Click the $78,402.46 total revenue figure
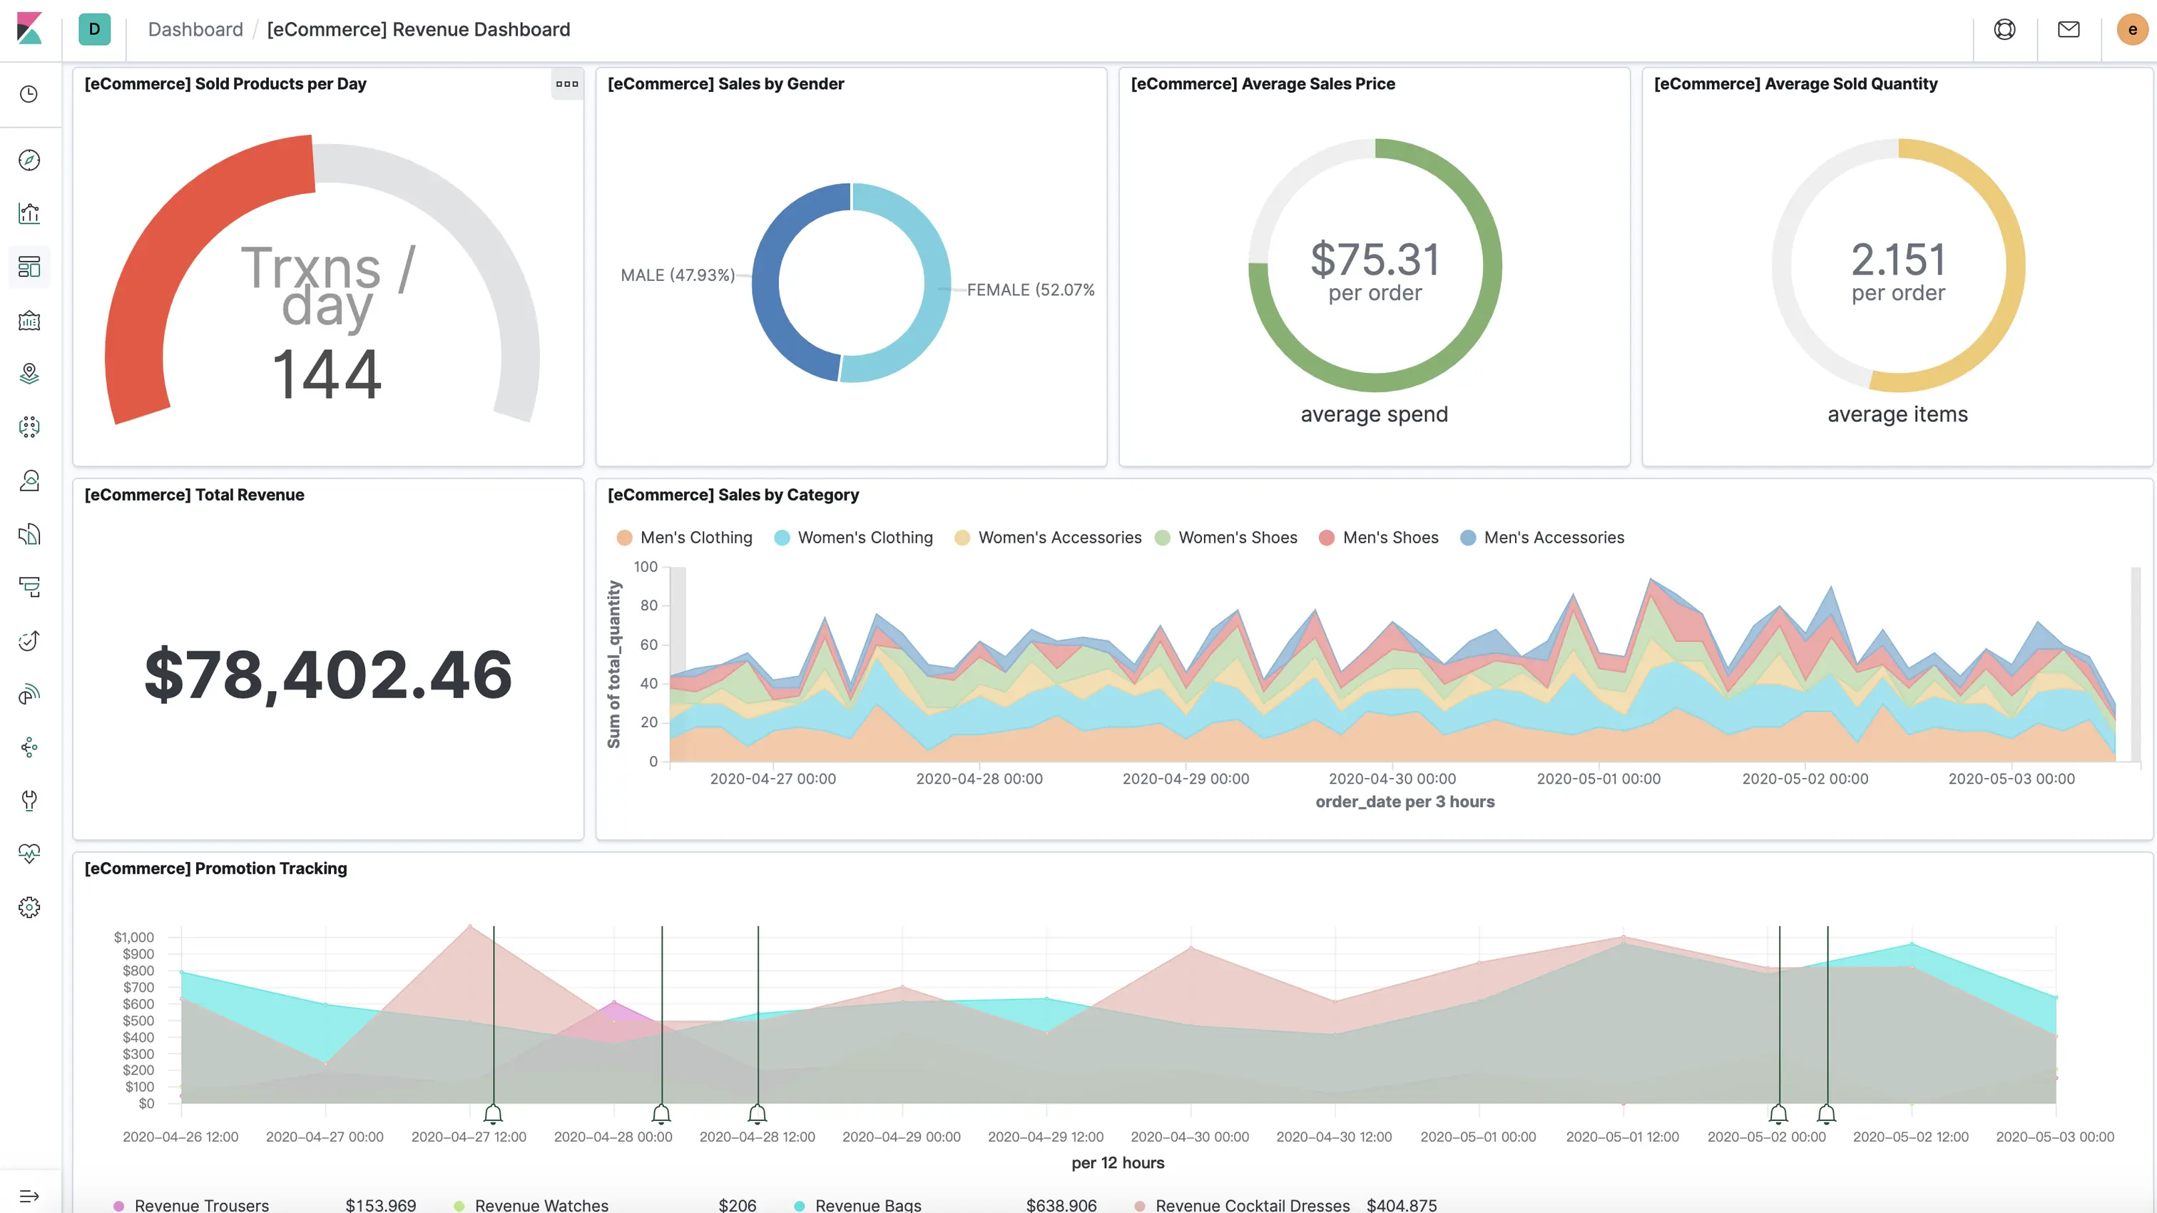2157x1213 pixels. coord(327,675)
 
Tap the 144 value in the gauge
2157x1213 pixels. coord(327,374)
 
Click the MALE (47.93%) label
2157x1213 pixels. coord(678,275)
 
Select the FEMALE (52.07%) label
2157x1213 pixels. coord(1030,290)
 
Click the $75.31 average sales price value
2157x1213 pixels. coord(1375,260)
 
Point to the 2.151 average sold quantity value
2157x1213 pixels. coord(1897,260)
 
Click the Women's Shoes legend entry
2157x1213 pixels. coord(1237,538)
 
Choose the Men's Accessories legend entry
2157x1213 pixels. coord(1554,538)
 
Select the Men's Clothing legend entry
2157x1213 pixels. coord(695,538)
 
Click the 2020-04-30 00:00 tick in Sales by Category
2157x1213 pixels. coord(1392,779)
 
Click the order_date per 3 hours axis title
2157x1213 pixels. coord(1404,802)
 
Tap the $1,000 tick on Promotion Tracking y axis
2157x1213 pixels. coord(134,937)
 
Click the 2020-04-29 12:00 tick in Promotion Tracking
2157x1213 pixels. coord(1045,1137)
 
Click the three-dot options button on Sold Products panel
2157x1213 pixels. coord(567,83)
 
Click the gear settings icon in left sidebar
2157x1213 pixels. coord(29,908)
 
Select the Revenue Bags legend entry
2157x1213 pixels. coord(867,1204)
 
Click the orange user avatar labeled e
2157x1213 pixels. coord(2132,30)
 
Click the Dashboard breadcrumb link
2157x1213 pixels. coord(195,30)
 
